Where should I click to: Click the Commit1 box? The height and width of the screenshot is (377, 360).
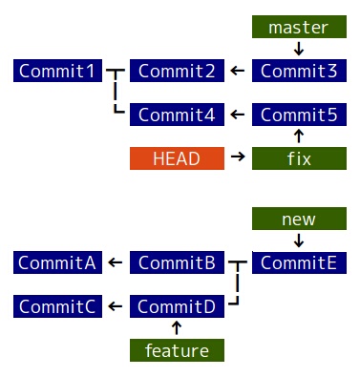(x=57, y=71)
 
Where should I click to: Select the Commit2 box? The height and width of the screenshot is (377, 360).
(x=177, y=71)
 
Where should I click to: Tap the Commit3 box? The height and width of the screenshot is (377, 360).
(x=299, y=71)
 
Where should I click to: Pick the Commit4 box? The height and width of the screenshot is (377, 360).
(x=177, y=115)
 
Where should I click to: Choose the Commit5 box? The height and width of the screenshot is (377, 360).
(x=299, y=115)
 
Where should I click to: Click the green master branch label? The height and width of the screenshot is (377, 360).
(x=299, y=28)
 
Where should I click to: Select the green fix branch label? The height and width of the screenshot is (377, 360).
(x=299, y=158)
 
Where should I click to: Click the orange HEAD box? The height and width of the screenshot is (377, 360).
(x=177, y=158)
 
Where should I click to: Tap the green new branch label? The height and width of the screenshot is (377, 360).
(x=299, y=220)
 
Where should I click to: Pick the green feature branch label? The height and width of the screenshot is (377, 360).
(x=177, y=350)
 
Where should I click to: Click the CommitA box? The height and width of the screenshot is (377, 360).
(x=57, y=262)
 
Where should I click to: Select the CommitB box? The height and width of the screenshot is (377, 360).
(x=177, y=262)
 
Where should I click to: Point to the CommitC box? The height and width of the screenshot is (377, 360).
(x=57, y=306)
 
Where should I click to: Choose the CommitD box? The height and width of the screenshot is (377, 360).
(x=177, y=306)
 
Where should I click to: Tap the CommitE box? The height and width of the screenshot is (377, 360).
(x=299, y=262)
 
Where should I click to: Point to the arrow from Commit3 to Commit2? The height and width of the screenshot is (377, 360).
(x=238, y=71)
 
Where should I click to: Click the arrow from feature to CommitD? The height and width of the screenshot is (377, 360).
(x=177, y=328)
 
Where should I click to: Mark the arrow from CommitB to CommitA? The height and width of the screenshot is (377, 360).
(x=116, y=262)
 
